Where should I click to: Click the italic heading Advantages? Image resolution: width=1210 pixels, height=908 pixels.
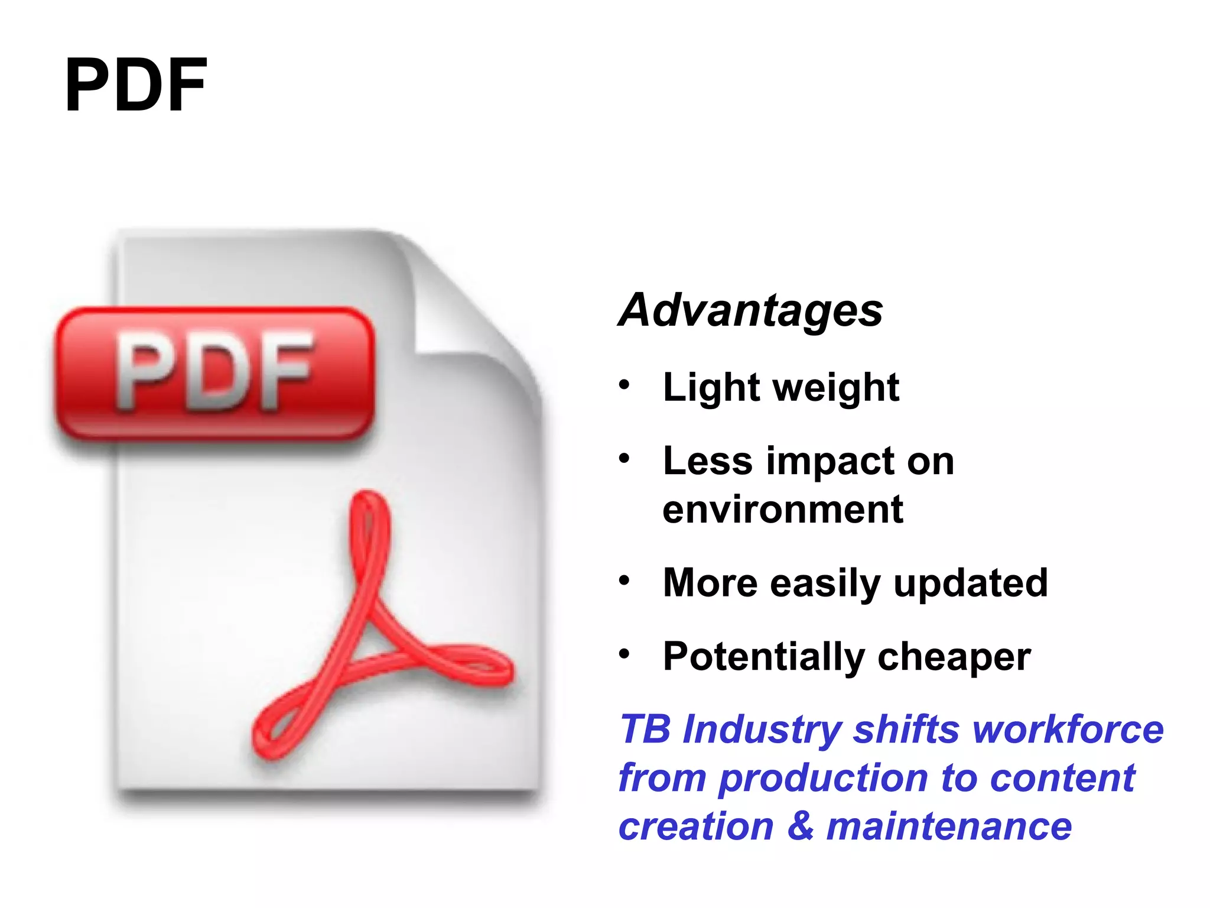click(750, 310)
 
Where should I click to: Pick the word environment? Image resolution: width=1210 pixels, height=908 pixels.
click(783, 510)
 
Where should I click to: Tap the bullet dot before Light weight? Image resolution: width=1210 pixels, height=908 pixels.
click(624, 385)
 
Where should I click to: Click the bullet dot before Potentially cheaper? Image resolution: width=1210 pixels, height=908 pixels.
click(624, 654)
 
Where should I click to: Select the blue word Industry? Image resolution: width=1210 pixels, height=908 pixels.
click(762, 730)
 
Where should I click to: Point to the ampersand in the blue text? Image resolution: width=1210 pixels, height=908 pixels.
click(800, 826)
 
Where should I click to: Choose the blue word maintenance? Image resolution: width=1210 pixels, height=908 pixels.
click(949, 826)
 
